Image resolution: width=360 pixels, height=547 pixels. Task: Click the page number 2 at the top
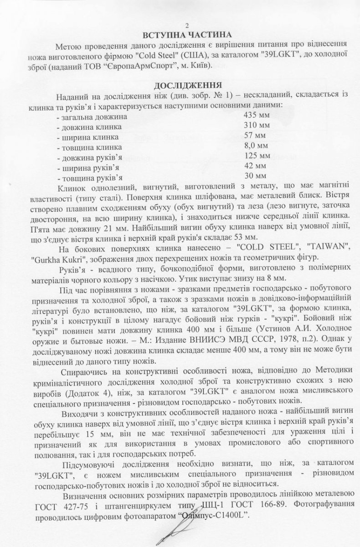tap(180, 25)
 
